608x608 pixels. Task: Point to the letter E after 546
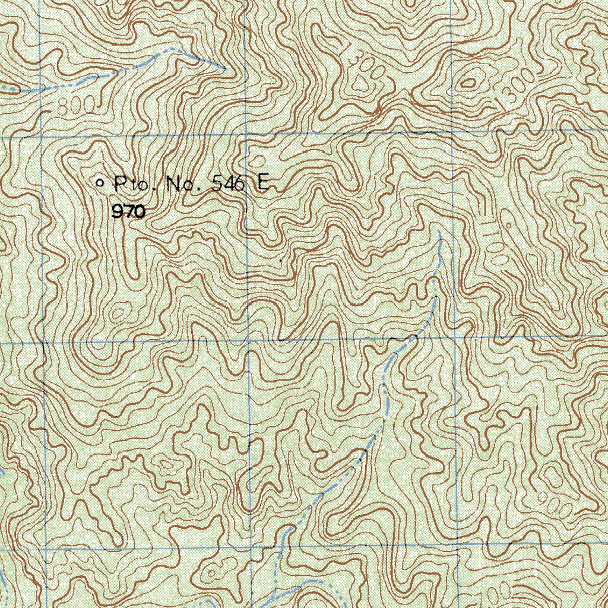coord(262,183)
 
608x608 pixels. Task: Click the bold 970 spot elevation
coord(128,211)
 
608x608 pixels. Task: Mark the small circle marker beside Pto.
coord(100,183)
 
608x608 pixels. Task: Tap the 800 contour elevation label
coord(77,106)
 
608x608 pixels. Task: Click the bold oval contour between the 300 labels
coord(469,83)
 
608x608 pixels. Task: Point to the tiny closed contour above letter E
coord(256,161)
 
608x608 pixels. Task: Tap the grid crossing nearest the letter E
coord(246,134)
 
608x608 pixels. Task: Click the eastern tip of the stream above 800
coord(224,68)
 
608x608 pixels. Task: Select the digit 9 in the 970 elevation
coord(116,211)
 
